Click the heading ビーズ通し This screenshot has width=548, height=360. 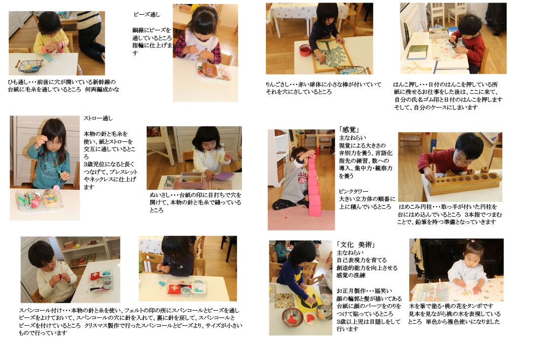click(147, 15)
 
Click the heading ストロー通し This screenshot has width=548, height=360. click(98, 118)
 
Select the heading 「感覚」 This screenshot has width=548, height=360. click(349, 130)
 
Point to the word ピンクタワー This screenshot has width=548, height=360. click(353, 191)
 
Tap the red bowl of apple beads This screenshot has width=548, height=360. click(305, 50)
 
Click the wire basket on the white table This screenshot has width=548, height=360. click(29, 65)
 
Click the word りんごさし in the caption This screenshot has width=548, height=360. click(278, 85)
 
